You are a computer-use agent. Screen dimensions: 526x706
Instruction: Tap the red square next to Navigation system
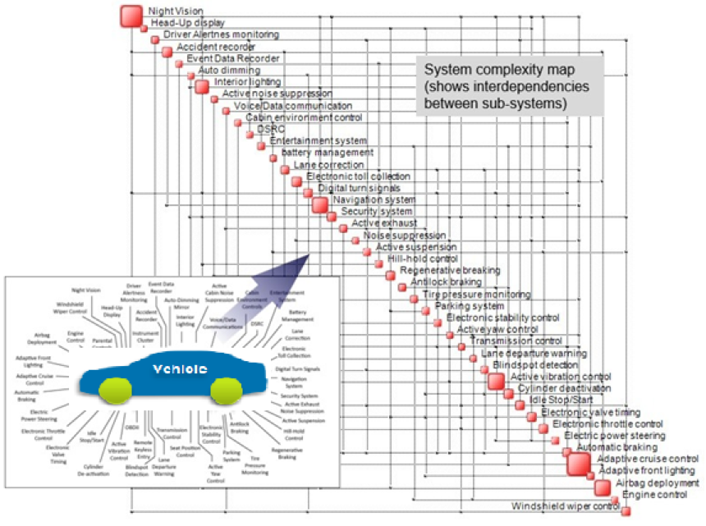tap(319, 204)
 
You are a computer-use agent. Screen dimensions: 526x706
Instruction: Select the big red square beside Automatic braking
tap(580, 464)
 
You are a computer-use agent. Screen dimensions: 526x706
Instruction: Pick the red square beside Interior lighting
tap(202, 86)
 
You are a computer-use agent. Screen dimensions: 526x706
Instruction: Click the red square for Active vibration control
tap(496, 381)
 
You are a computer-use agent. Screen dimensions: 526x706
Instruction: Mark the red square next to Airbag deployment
tap(603, 487)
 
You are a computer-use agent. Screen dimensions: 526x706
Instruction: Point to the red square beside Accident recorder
tap(167, 52)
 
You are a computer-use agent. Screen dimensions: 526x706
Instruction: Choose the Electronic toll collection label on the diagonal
tap(358, 176)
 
